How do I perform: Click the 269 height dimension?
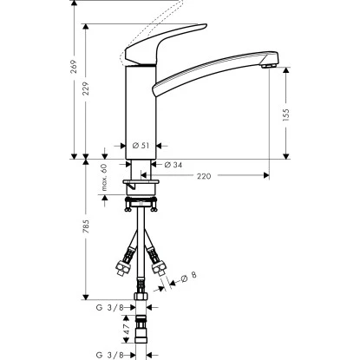74,66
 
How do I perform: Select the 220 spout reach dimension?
203,175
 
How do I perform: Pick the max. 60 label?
102,177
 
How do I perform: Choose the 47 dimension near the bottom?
102,331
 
